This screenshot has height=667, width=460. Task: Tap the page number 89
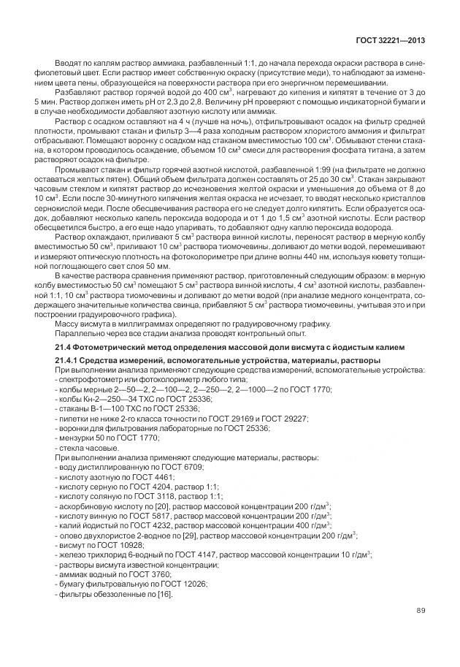click(x=421, y=611)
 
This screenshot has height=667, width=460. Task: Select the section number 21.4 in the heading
click(x=64, y=346)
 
